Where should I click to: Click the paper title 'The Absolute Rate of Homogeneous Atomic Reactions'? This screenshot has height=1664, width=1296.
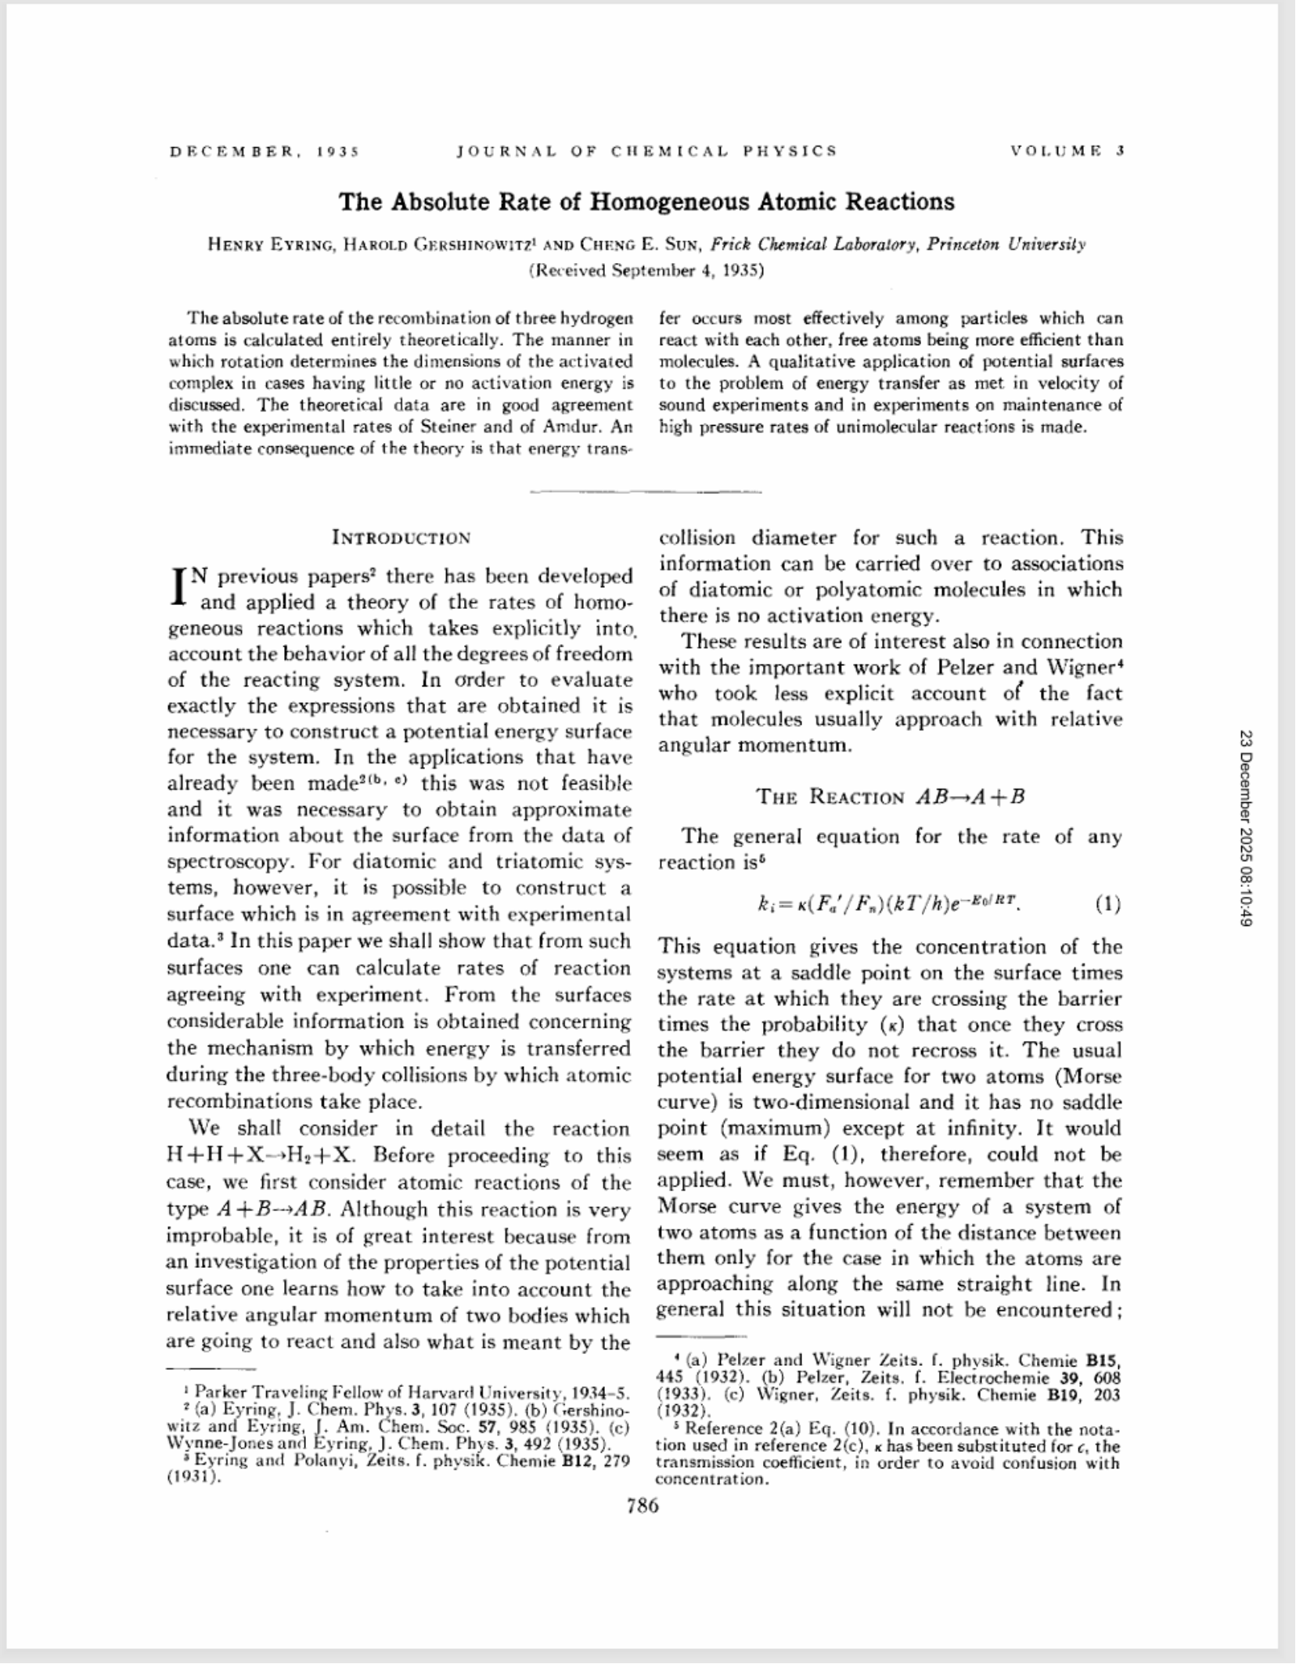(646, 202)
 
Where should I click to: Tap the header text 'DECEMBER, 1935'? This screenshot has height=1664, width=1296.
(264, 151)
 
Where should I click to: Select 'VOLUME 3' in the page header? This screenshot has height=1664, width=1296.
(1067, 151)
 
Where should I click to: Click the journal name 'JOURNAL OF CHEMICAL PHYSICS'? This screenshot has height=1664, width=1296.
(646, 151)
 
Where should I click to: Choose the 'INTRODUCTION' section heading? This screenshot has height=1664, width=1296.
(401, 538)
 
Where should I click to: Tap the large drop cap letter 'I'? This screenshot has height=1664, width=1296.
(179, 588)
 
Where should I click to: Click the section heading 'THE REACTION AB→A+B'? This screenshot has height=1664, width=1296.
(891, 797)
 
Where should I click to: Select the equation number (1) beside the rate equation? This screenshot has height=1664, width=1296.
(1108, 906)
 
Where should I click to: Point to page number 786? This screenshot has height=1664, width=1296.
(643, 1505)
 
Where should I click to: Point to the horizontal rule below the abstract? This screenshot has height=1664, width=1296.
(646, 492)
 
